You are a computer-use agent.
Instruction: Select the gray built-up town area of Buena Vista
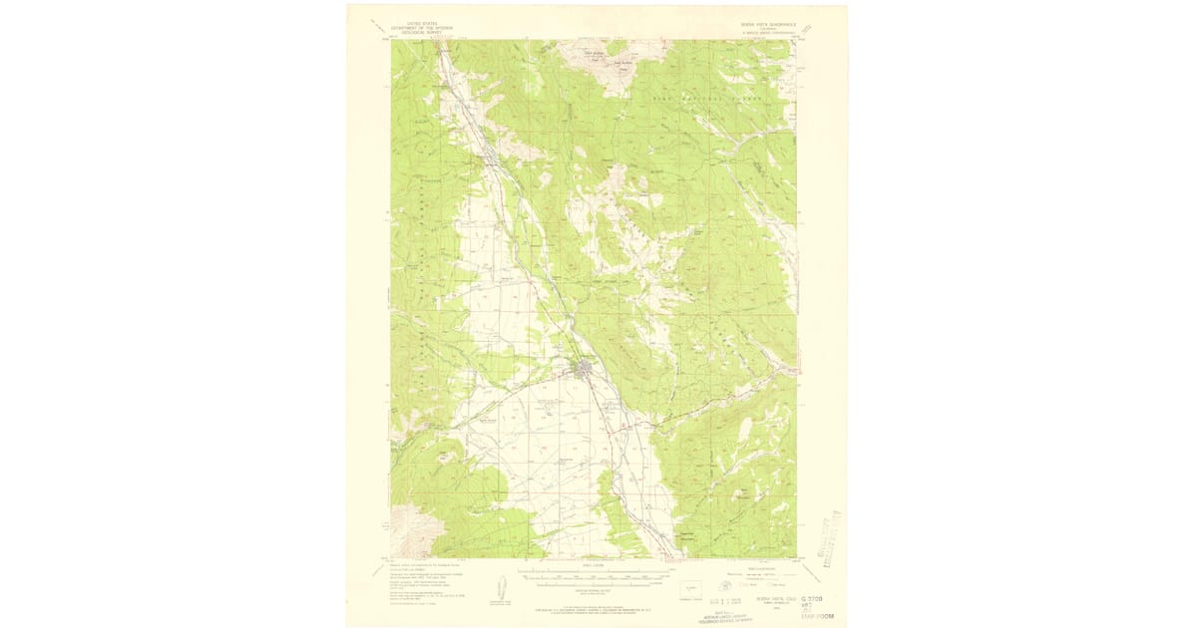pyautogui.click(x=584, y=372)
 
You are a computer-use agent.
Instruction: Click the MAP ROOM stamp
pyautogui.click(x=817, y=618)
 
